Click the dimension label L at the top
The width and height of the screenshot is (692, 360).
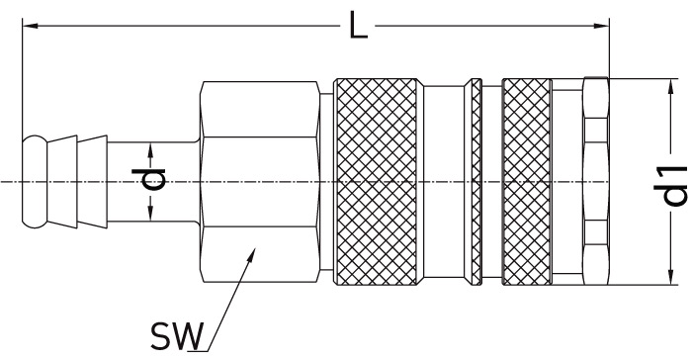point(358,26)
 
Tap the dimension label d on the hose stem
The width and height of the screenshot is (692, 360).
point(148,178)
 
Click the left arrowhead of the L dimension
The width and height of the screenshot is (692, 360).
point(30,26)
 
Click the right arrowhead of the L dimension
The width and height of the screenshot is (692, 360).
point(601,26)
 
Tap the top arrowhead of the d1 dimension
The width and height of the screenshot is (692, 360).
point(671,87)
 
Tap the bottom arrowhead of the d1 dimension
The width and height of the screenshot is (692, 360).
point(671,277)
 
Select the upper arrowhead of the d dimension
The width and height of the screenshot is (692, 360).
point(150,149)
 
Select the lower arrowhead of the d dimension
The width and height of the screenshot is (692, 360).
point(150,214)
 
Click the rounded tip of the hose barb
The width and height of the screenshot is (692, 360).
point(34,182)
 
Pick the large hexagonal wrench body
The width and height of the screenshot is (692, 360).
point(260,182)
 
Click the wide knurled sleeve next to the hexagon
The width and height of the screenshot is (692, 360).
point(377,182)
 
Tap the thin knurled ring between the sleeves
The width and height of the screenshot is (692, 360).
point(476,182)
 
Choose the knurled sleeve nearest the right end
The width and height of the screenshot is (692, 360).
point(527,182)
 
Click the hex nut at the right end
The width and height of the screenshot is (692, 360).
point(596,182)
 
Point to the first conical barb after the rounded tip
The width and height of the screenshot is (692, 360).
point(62,182)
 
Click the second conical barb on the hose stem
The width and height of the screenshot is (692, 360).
point(92,182)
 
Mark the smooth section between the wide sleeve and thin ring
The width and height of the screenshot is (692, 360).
point(444,182)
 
